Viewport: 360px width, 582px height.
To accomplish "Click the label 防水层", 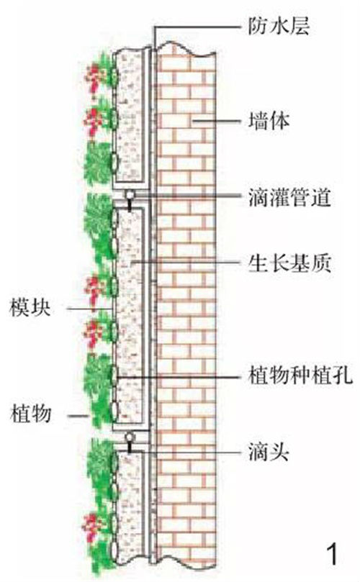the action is click(x=279, y=26).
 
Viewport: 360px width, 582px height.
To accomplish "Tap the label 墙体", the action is click(x=269, y=121).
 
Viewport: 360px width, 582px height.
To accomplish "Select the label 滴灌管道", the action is click(x=289, y=196).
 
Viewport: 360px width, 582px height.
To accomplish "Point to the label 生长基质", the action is click(x=289, y=263).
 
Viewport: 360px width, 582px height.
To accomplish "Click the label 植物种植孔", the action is click(x=300, y=376).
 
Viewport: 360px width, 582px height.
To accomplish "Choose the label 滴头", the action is click(x=269, y=452).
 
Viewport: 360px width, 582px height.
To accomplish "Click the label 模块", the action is click(x=30, y=308).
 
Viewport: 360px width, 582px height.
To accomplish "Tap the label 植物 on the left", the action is click(x=30, y=414).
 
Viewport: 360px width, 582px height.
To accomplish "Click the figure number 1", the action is click(x=333, y=554).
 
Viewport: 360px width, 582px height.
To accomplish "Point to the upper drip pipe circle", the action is click(x=130, y=194).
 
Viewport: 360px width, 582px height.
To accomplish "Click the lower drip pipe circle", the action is click(x=130, y=437).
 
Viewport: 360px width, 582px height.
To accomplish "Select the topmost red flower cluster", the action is click(x=94, y=76).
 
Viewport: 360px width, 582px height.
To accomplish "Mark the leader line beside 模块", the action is click(x=89, y=308).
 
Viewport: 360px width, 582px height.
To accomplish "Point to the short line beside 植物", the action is click(x=78, y=416).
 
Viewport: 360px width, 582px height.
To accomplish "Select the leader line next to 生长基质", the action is click(x=186, y=262).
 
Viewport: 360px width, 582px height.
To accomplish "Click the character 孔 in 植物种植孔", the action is click(x=342, y=376).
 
